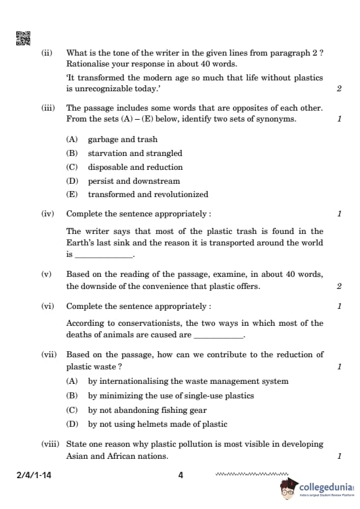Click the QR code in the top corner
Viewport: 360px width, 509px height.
pos(22,38)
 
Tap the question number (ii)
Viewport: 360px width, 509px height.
pos(47,53)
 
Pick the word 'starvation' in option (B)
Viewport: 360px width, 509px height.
pos(106,154)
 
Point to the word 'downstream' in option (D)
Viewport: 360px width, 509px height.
pos(159,181)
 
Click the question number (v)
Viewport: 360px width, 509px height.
pos(47,274)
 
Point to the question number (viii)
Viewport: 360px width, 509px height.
pos(50,444)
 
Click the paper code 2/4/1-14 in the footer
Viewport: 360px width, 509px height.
pos(34,475)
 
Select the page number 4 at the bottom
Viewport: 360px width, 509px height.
pos(180,475)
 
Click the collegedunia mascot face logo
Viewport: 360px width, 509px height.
pos(289,490)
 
